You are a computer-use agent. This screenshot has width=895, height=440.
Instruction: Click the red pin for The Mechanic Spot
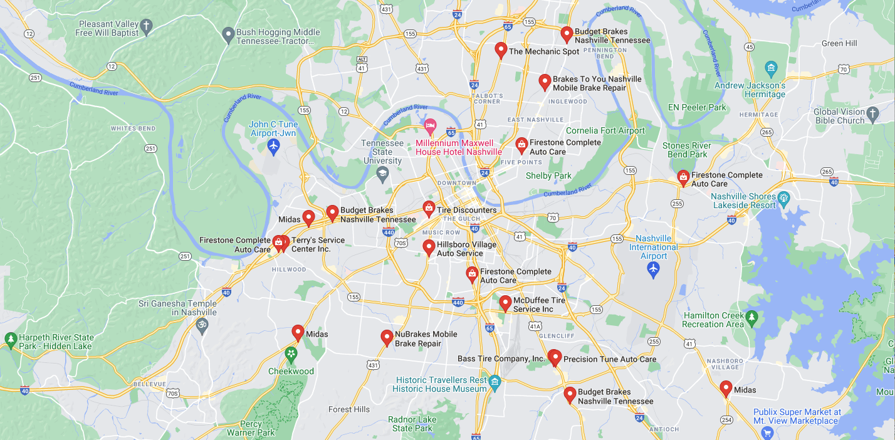click(500, 50)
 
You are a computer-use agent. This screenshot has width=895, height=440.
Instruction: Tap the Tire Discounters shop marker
click(429, 208)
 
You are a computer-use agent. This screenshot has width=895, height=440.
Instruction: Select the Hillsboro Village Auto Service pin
click(429, 247)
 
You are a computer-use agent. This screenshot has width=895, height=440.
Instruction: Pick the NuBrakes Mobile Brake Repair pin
click(387, 337)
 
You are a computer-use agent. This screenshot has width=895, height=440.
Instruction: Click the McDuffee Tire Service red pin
click(505, 303)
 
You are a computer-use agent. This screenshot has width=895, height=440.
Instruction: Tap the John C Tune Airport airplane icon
click(273, 146)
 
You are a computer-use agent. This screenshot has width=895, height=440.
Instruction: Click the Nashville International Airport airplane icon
click(653, 269)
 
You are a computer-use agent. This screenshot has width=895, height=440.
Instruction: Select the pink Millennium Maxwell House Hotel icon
click(430, 126)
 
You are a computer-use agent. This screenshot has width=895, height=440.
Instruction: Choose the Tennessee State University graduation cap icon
click(382, 173)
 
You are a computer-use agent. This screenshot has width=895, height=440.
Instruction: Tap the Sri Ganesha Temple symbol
click(202, 325)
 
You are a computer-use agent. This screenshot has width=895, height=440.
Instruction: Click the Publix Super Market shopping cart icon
click(767, 432)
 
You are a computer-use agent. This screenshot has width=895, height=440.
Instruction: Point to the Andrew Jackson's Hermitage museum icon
click(772, 68)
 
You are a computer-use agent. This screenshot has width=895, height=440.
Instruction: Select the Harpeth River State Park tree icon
click(10, 340)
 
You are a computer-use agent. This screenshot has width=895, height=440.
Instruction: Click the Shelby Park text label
click(548, 175)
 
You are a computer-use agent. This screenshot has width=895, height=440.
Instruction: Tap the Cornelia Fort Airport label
click(605, 130)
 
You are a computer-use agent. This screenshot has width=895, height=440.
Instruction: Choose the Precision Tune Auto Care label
click(609, 359)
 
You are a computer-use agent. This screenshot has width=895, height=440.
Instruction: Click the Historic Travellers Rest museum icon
click(495, 382)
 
